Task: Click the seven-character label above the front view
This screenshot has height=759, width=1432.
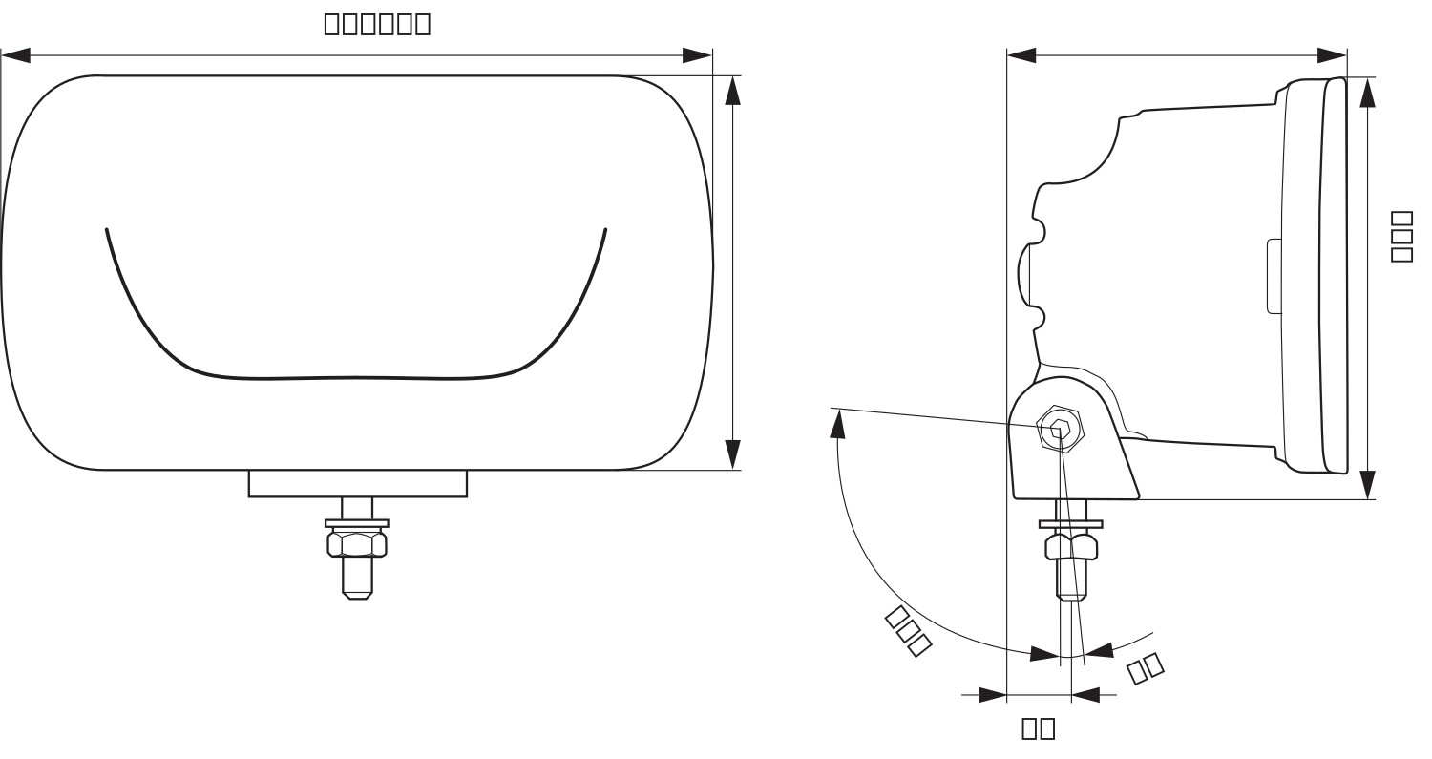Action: (377, 23)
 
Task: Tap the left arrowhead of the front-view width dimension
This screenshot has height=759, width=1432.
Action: (16, 56)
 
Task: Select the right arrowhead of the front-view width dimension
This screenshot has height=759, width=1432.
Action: (697, 56)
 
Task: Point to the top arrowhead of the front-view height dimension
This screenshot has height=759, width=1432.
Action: (732, 90)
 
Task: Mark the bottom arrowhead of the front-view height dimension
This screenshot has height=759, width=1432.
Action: (732, 454)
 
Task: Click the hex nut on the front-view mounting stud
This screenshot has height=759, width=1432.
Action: (357, 544)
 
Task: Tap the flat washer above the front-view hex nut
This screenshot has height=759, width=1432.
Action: (357, 523)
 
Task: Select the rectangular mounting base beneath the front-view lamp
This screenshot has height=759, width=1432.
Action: (357, 483)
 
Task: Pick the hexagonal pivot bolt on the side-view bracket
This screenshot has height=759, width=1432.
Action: (1059, 430)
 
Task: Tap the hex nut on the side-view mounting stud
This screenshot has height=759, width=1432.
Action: (1071, 547)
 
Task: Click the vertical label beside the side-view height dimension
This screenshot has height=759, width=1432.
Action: (1400, 236)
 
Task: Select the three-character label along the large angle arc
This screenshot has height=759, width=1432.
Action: (908, 630)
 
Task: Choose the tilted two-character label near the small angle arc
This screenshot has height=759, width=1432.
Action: (1146, 667)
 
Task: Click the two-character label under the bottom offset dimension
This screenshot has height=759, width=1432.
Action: (1039, 727)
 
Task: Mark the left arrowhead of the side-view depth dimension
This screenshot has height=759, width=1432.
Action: (1021, 56)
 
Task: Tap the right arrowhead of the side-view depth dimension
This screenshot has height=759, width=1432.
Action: (1332, 56)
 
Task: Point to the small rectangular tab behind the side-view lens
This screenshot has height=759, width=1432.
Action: (1274, 276)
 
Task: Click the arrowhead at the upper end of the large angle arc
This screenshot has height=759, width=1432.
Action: (838, 423)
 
